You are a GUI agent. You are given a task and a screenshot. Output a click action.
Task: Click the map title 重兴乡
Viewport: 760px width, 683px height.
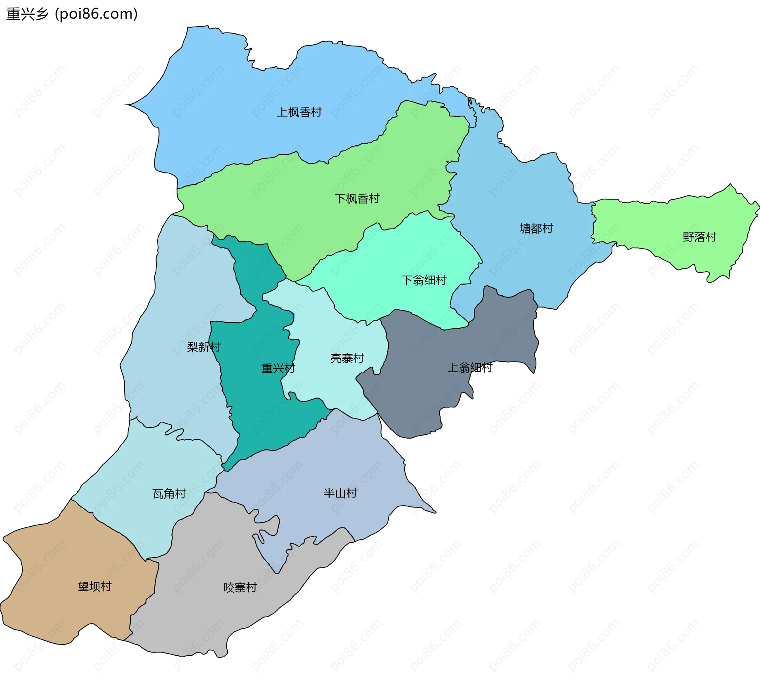tap(27, 14)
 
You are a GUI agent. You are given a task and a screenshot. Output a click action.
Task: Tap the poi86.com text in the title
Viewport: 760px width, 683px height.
tap(96, 14)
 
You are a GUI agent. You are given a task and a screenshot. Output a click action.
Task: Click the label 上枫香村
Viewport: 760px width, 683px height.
tap(299, 112)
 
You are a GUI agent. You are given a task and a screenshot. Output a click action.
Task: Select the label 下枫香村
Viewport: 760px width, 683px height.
tap(357, 198)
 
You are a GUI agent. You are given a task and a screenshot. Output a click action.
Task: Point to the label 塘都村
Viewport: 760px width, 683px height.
tap(536, 228)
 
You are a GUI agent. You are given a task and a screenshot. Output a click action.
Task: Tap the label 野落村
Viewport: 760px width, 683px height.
tap(699, 237)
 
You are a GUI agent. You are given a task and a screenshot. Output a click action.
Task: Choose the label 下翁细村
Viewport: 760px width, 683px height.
tap(424, 280)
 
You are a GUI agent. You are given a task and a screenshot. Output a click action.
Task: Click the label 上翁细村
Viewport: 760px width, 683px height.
tap(469, 368)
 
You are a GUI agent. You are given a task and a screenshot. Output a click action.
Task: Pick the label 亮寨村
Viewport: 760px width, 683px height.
tap(347, 358)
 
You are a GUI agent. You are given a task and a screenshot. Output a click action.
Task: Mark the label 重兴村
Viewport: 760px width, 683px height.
tap(278, 369)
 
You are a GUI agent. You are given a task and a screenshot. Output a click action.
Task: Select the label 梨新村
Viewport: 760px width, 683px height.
tap(203, 347)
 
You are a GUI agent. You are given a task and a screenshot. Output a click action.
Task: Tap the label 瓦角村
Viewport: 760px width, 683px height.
tap(169, 494)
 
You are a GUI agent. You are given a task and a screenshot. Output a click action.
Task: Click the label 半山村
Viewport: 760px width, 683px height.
tap(340, 493)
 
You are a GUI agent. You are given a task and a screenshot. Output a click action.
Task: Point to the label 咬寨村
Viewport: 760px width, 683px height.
tap(240, 588)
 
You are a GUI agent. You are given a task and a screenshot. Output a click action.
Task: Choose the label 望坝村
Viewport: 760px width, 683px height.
tap(95, 586)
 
